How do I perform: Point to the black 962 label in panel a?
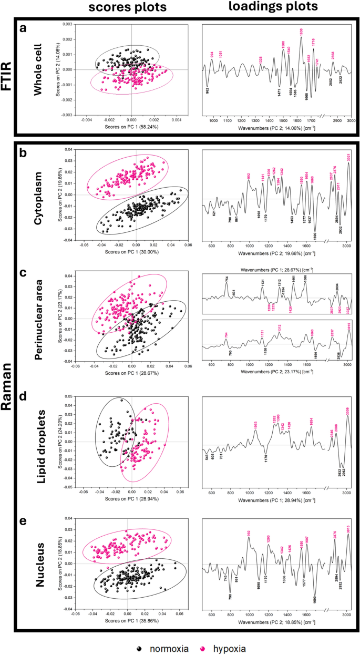pos(207,91)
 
